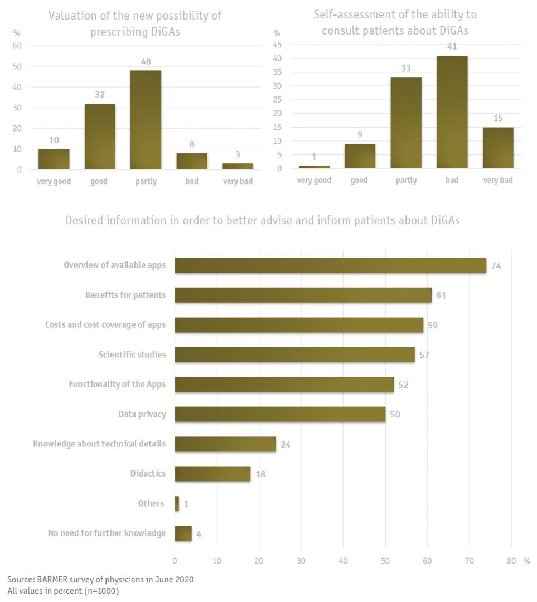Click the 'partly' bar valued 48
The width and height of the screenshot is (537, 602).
point(146,120)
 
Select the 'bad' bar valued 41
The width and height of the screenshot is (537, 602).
point(452,112)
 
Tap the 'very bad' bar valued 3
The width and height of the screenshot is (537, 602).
point(238,166)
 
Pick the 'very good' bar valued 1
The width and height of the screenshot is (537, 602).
point(313,167)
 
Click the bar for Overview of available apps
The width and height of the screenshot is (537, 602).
point(330,265)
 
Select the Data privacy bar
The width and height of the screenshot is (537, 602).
point(280,414)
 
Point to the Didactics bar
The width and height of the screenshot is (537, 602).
point(212,474)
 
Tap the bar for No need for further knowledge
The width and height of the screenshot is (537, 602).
point(183,533)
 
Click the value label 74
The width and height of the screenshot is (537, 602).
point(496,266)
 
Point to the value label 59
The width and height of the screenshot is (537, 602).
point(433,325)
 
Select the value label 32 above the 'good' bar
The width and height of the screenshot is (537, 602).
point(99,95)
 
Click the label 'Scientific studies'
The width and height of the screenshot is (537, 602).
point(132,355)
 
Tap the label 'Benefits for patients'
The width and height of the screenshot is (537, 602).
point(125,295)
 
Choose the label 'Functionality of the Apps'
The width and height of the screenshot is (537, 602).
point(117,384)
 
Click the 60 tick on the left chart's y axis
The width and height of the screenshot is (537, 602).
point(17,46)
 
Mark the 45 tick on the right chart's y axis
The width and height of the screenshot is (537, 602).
point(277,45)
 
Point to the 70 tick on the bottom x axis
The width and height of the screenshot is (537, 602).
point(469,561)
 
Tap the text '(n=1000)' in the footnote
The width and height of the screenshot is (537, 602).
point(102,591)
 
